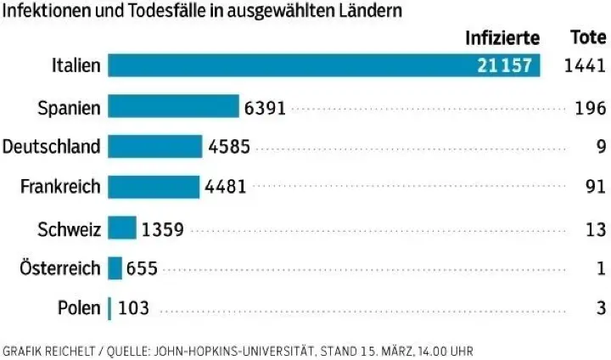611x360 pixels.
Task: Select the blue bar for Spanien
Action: pyautogui.click(x=174, y=107)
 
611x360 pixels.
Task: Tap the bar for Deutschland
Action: pyautogui.click(x=155, y=147)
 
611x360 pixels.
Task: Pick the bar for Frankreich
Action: pyautogui.click(x=154, y=187)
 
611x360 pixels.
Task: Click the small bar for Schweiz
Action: pyautogui.click(x=122, y=228)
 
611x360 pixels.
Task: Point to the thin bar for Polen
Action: pyautogui.click(x=109, y=308)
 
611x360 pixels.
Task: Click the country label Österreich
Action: pyautogui.click(x=60, y=268)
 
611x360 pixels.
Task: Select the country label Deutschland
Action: pyautogui.click(x=52, y=147)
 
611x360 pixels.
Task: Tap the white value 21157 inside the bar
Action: pyautogui.click(x=505, y=66)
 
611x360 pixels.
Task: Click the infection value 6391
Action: pyautogui.click(x=265, y=108)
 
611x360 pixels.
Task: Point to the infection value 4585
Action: pyautogui.click(x=228, y=147)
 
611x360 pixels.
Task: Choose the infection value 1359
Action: pyautogui.click(x=163, y=228)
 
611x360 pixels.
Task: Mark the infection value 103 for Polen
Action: pyautogui.click(x=134, y=308)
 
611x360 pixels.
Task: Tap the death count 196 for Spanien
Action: pyautogui.click(x=590, y=108)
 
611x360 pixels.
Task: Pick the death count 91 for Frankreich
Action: pyautogui.click(x=595, y=187)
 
